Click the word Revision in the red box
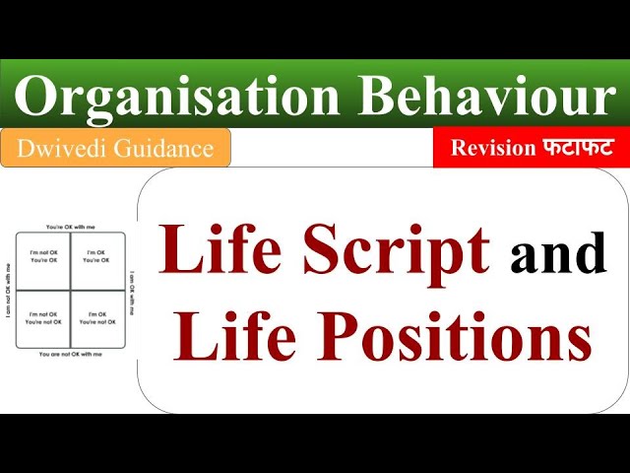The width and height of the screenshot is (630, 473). pyautogui.click(x=492, y=149)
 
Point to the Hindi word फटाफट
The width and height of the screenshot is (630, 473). pyautogui.click(x=578, y=149)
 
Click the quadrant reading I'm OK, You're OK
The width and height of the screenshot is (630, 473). pyautogui.click(x=96, y=257)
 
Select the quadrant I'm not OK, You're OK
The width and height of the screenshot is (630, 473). pyautogui.click(x=43, y=257)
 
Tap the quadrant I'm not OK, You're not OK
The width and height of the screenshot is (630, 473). pyautogui.click(x=43, y=318)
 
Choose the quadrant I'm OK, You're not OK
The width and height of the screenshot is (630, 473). pyautogui.click(x=96, y=318)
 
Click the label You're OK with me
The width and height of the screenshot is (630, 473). pyautogui.click(x=70, y=227)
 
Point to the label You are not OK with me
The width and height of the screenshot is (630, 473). pyautogui.click(x=70, y=353)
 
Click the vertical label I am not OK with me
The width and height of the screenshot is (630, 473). pyautogui.click(x=10, y=290)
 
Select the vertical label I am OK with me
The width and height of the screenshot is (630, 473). pyautogui.click(x=131, y=290)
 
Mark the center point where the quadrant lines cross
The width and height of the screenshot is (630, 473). pyautogui.click(x=70, y=290)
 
